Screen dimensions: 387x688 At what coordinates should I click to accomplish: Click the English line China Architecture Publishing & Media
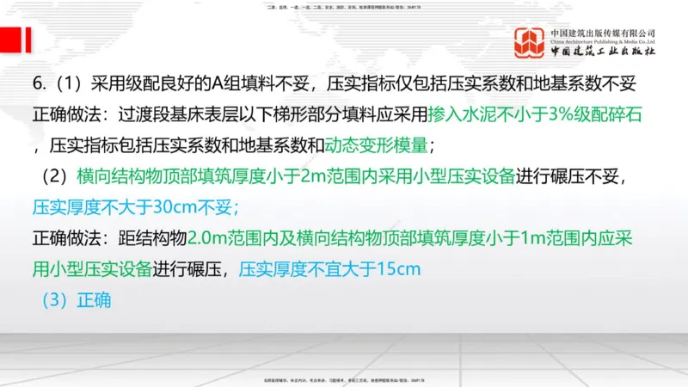click(x=602, y=41)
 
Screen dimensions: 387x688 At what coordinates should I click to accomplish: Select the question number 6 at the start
click(x=38, y=83)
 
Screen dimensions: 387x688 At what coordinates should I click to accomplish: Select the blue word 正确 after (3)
click(x=95, y=301)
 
